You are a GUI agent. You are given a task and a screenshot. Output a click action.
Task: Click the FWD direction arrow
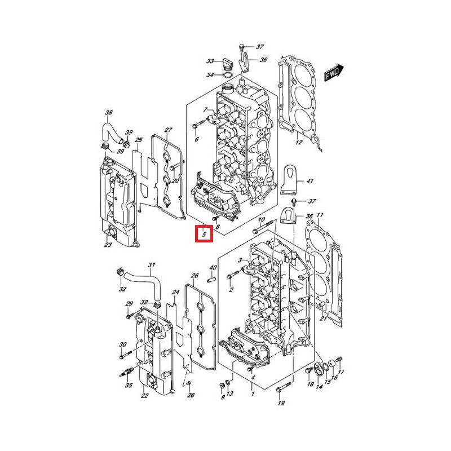click(334, 73)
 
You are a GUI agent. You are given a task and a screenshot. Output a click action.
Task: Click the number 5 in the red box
click(204, 234)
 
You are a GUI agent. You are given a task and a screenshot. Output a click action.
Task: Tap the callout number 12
click(299, 142)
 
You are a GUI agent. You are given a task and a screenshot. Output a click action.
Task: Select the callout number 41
click(309, 181)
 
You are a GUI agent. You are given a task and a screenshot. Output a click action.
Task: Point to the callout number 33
click(210, 61)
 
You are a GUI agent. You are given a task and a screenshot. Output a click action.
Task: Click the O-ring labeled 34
click(227, 76)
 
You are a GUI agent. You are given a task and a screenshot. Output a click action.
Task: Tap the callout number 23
click(108, 245)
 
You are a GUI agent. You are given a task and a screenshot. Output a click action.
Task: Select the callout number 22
click(144, 396)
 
